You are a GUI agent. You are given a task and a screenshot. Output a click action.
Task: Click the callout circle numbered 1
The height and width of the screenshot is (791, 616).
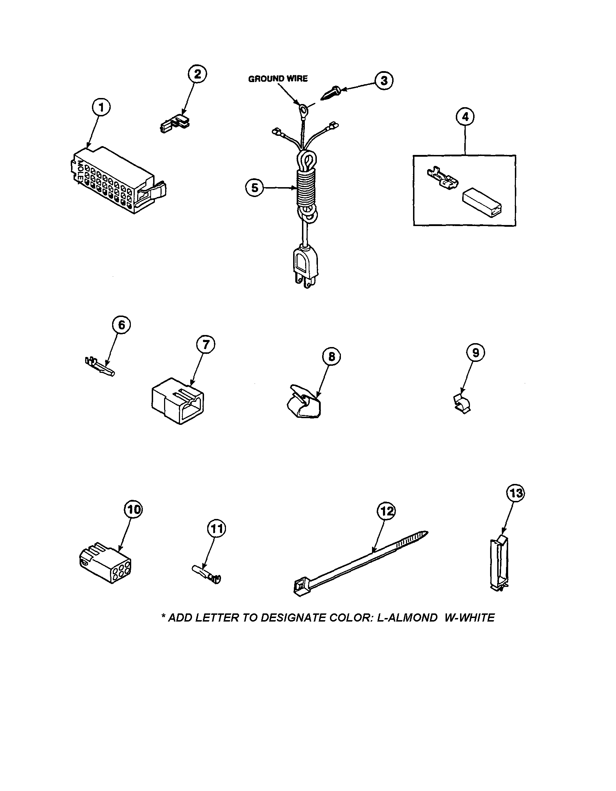point(101,108)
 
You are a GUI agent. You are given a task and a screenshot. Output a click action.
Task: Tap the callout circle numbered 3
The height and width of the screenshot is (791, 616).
point(384,80)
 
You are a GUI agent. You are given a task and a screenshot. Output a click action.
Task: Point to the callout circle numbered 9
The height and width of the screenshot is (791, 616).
point(476,353)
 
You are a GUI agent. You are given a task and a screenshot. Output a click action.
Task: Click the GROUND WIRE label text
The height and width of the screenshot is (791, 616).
point(278,79)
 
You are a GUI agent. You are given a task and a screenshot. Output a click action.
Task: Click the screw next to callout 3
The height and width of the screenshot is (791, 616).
point(330,93)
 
